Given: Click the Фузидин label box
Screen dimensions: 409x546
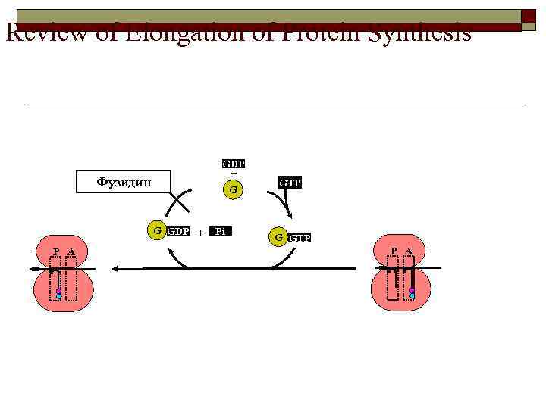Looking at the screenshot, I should (124, 182).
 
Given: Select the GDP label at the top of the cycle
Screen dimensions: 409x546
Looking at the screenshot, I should (234, 164).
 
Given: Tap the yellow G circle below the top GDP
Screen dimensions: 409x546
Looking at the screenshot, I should (234, 189).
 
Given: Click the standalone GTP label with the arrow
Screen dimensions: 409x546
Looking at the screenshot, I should (290, 183).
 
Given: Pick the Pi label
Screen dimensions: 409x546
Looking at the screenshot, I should (220, 231).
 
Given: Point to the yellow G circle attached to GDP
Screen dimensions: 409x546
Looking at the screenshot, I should (156, 230).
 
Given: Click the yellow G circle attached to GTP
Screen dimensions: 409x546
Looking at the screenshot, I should (279, 237).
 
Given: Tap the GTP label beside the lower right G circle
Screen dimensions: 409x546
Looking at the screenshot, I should (300, 238).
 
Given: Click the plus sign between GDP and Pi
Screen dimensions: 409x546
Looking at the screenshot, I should (199, 233).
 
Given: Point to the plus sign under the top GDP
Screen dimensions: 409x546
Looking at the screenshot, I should (234, 173).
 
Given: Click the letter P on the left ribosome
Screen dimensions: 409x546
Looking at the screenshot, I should (56, 252).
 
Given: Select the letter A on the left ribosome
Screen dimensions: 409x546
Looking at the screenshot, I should (71, 252).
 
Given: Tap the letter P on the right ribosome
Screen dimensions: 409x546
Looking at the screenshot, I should (394, 251).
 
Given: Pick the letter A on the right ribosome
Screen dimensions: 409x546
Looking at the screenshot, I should (408, 251).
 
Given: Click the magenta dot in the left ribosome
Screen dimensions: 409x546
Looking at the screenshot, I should (58, 291).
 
